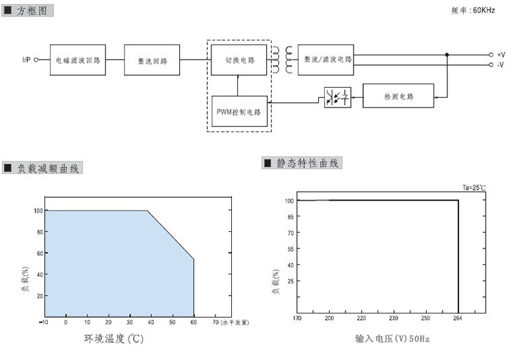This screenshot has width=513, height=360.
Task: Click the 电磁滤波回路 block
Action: tap(77, 60)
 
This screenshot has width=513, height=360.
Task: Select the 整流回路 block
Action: tap(152, 60)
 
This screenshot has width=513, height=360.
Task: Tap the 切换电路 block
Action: tap(239, 60)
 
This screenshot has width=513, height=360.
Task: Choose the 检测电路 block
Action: tap(398, 97)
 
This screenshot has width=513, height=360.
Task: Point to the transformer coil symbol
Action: tap(282, 60)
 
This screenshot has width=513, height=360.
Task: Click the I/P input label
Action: tap(25, 60)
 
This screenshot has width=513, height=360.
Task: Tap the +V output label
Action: tap(501, 54)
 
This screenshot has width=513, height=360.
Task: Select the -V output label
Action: tap(501, 64)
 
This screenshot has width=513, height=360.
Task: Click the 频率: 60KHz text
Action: tap(473, 10)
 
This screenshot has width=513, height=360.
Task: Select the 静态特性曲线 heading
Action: tap(307, 163)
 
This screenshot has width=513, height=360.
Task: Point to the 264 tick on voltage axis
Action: tap(458, 318)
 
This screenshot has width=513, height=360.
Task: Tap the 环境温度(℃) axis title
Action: tap(114, 338)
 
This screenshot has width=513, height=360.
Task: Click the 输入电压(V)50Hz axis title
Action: tap(392, 338)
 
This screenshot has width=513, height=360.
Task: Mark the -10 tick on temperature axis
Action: tap(44, 321)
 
